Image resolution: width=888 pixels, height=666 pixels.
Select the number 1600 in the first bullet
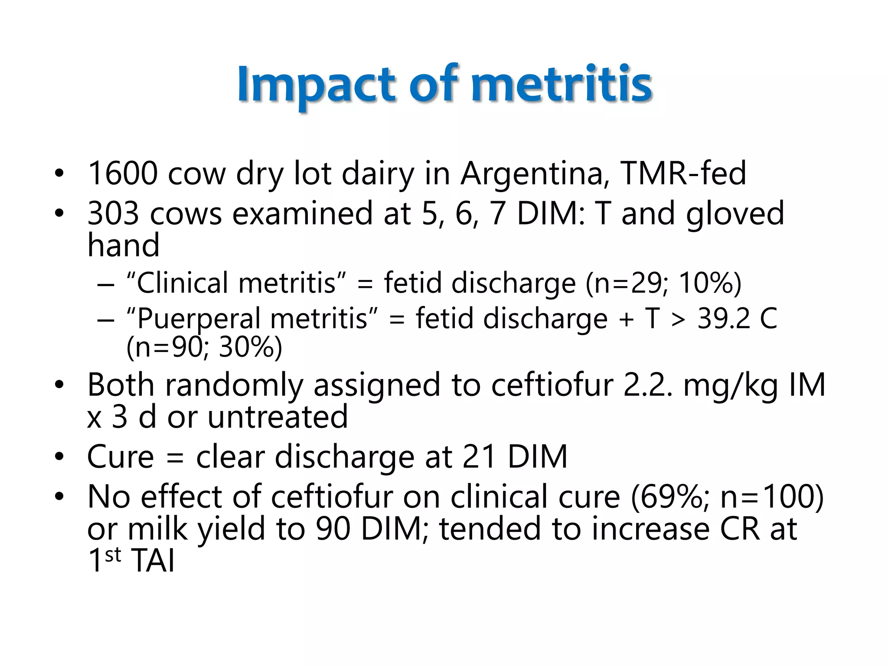(x=123, y=173)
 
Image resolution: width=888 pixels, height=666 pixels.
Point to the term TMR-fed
(x=683, y=173)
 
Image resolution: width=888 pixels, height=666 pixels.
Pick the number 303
(x=113, y=213)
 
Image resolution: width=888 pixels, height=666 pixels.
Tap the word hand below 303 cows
(x=124, y=245)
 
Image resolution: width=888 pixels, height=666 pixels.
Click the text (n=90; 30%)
(x=204, y=347)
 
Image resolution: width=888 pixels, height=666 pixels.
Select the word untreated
(x=277, y=417)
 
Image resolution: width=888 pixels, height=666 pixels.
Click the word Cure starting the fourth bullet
(x=121, y=457)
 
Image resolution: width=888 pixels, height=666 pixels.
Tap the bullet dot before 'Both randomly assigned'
(x=59, y=385)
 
